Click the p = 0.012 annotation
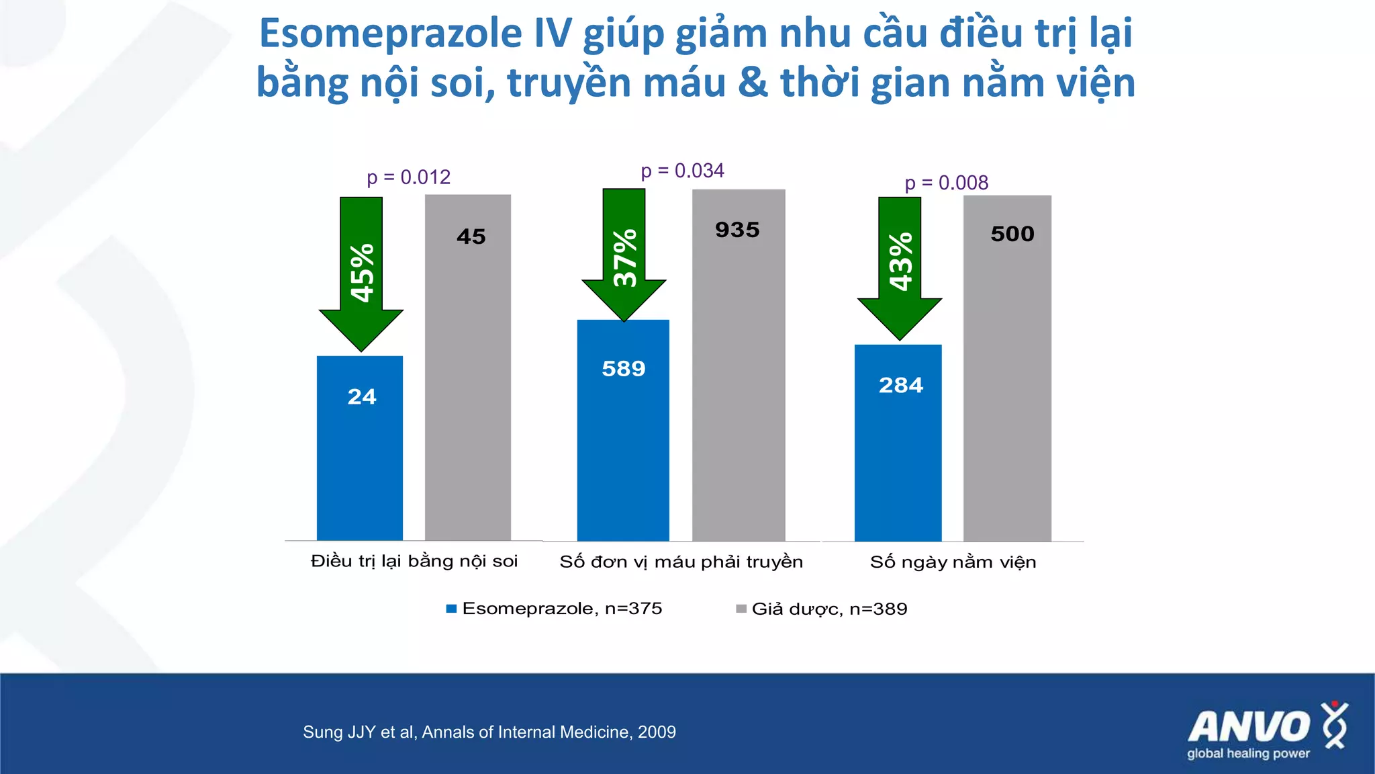pos(408,177)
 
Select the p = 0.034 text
pos(682,171)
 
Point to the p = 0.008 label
pos(946,183)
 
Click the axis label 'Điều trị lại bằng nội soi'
pos(414,561)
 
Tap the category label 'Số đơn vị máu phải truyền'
pos(681,562)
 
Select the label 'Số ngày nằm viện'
pos(953,562)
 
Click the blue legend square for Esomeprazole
pos(451,609)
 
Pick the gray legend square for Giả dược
pos(741,609)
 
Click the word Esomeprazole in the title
pos(391,34)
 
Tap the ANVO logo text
pos(1248,727)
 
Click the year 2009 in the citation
pos(657,732)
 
